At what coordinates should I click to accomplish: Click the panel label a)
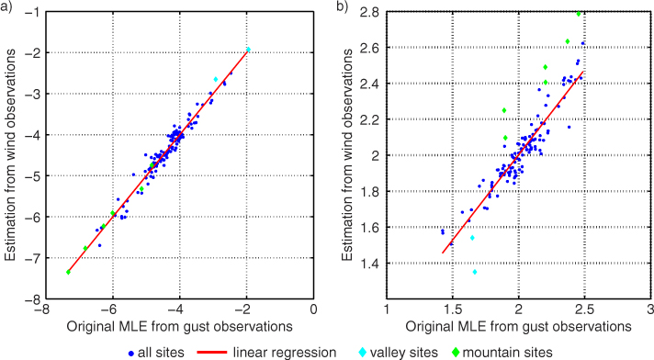[6, 7]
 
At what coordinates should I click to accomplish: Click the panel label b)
[342, 7]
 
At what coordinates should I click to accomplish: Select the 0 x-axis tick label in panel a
[313, 309]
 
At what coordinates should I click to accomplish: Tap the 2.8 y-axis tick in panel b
[369, 12]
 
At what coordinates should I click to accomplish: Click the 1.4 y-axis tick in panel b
[369, 264]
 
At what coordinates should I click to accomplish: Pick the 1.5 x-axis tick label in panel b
[453, 309]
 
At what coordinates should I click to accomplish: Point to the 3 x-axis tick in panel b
[650, 309]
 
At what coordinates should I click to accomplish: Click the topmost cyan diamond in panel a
[248, 50]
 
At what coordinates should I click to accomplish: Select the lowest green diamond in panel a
[68, 272]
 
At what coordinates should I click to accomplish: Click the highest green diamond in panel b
[579, 14]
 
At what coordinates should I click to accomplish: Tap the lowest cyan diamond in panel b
[475, 272]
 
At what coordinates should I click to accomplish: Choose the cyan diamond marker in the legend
[363, 353]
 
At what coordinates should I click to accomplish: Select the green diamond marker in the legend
[456, 353]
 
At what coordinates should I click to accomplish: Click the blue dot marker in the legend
[131, 353]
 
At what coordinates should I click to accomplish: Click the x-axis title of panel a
[180, 326]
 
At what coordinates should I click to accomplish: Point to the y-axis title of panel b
[347, 155]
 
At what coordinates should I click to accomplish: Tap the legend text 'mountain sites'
[507, 353]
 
